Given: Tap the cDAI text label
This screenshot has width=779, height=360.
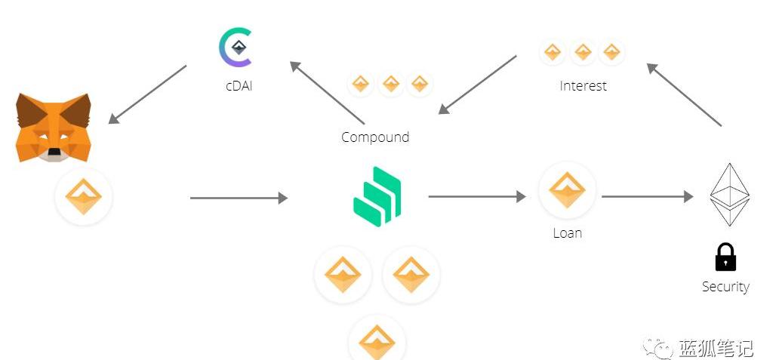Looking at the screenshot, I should click(x=239, y=86).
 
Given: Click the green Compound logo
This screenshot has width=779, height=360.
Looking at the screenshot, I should click(x=377, y=195).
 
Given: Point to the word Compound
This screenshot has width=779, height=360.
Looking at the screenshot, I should click(x=375, y=137).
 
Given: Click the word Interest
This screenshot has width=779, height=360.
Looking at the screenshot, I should click(x=583, y=86).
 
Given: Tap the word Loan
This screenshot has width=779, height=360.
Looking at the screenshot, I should click(x=567, y=232).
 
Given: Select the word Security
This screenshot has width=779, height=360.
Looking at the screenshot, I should click(x=725, y=287).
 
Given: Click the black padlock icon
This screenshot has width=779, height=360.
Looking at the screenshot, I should click(x=725, y=257).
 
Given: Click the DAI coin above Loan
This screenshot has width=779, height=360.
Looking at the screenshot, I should click(x=567, y=189).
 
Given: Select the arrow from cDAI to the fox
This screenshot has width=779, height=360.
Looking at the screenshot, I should click(x=147, y=94).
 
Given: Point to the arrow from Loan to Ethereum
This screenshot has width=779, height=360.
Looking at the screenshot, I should click(x=647, y=197).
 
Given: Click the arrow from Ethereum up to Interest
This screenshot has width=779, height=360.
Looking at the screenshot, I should click(x=685, y=94).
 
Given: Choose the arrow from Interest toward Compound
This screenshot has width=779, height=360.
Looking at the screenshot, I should click(x=477, y=84).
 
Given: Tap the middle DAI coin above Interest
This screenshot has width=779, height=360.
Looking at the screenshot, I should click(x=583, y=52).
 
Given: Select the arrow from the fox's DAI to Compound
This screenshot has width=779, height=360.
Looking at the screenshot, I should click(x=239, y=198).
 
